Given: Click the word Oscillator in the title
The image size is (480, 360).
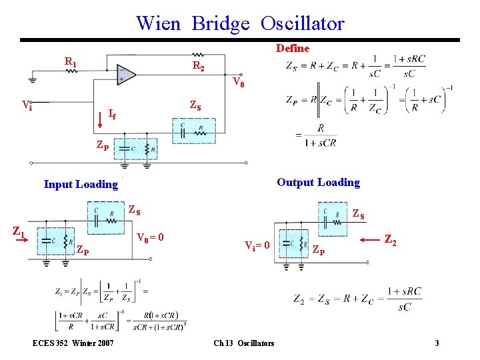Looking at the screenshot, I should (302, 23).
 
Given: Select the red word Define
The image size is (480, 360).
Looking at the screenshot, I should (293, 48).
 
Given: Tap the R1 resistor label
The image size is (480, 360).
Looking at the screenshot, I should (70, 62).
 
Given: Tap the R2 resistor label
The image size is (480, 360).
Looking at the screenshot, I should (199, 65).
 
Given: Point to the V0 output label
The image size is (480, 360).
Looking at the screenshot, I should (238, 83).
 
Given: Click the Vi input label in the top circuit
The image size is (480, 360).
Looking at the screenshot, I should (27, 105).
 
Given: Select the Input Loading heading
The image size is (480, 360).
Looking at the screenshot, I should (81, 184).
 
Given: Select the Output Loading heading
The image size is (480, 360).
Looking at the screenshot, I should (318, 182).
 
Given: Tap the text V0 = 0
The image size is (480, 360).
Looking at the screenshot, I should (151, 237).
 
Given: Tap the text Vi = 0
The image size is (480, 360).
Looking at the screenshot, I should (257, 245).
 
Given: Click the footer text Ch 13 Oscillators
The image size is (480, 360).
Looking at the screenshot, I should (243, 343).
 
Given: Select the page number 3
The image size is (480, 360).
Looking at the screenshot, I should (437, 343).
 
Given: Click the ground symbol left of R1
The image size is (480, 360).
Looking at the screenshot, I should (31, 80).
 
